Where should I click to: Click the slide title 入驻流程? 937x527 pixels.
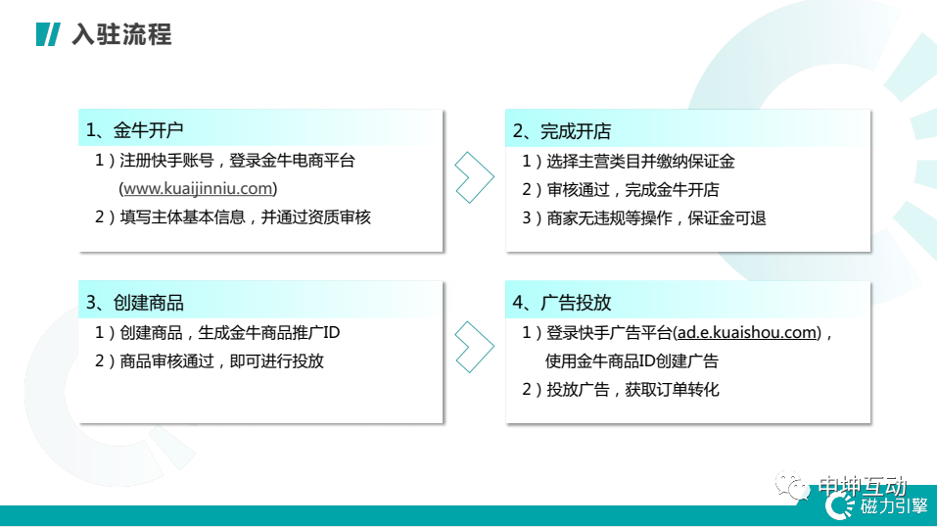pos(121,34)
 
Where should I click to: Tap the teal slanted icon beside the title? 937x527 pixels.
pos(48,34)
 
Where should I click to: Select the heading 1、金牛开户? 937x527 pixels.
pos(134,130)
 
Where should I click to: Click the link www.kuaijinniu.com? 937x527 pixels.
pos(198,188)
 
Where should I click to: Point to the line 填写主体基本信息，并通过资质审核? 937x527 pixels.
pos(245,217)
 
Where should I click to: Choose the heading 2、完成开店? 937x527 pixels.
pos(562,131)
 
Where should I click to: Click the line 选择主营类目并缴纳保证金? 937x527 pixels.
pos(640,162)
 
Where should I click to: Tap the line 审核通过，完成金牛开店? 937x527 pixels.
pos(632,190)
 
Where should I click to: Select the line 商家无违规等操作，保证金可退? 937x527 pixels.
pos(656,218)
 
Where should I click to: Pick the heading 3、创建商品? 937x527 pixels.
pos(134,303)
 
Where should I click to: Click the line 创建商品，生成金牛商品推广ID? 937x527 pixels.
pos(229,333)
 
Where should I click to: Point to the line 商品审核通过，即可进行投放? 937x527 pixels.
pos(221,361)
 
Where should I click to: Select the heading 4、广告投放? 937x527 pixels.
pos(562,303)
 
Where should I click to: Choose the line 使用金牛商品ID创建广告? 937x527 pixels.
pos(632,361)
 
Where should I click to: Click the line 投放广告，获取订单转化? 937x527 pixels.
pos(632,390)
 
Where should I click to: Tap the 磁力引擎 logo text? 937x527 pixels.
pos(894,506)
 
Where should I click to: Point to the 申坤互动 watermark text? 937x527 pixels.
pos(862,486)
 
